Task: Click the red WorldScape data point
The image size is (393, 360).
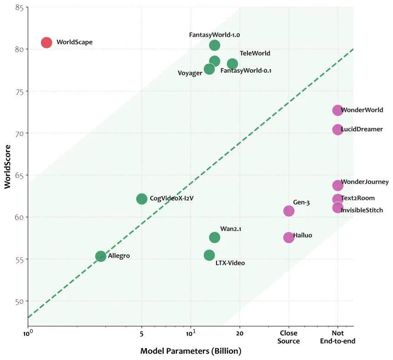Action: [46, 42]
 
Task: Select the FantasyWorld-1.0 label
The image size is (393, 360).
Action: [214, 35]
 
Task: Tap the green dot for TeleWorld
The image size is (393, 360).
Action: [232, 64]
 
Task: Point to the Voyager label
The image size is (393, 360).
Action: [190, 73]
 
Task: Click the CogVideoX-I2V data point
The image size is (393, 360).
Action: [142, 199]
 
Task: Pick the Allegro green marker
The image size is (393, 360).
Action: [101, 256]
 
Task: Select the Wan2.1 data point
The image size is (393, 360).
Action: [215, 237]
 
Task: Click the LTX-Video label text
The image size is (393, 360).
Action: [230, 263]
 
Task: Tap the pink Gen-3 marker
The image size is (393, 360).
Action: [289, 211]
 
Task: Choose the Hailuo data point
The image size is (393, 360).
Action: [289, 237]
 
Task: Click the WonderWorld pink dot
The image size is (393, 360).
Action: [338, 110]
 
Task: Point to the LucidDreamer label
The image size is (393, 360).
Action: [362, 130]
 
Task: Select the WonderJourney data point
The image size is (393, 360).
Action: [338, 185]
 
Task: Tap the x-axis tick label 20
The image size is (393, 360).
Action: [240, 333]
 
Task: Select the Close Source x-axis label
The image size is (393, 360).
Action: [289, 337]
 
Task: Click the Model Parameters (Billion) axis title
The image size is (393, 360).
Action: [191, 351]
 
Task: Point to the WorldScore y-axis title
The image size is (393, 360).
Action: [8, 167]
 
